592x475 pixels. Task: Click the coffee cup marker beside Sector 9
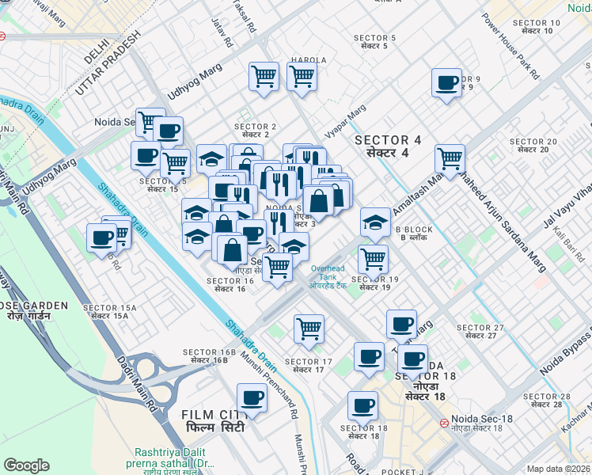coord(446,83)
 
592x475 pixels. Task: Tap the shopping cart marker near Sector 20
coord(450,158)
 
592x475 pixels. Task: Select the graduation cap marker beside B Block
coord(375,222)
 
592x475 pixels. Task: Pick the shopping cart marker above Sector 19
coord(372,258)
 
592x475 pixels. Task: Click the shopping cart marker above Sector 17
coord(308,329)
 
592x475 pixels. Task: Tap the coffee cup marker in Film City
coord(252,397)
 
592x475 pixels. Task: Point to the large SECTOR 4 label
coord(388,146)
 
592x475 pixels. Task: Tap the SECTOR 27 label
coord(480,331)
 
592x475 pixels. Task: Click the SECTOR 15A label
coord(109,311)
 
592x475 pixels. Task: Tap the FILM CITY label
coord(213,420)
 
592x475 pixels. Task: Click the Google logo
coord(26,465)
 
